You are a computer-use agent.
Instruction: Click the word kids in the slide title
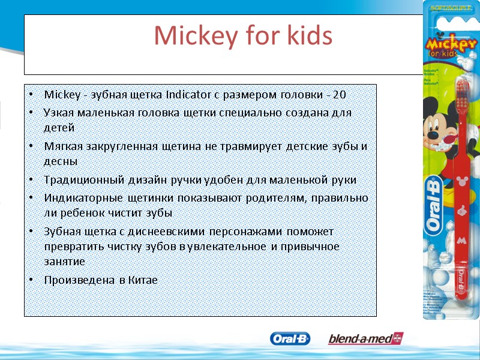[x=307, y=37]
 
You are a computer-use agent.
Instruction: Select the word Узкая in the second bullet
[x=59, y=113]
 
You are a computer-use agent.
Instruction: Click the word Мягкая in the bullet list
[x=62, y=146]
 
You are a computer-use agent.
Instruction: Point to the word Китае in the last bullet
[x=143, y=280]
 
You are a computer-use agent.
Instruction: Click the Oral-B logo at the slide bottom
[x=290, y=339]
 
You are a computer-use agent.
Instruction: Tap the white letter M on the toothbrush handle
[x=461, y=239]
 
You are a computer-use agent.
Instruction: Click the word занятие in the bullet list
[x=64, y=262]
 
